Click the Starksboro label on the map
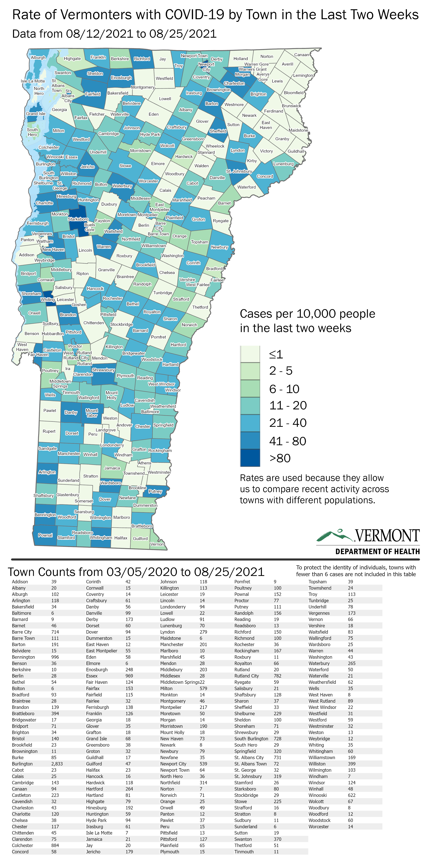point(78,219)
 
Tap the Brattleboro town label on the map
point(142,526)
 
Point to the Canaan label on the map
point(302,55)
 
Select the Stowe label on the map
point(125,166)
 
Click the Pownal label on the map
point(45,535)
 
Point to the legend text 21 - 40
point(288,423)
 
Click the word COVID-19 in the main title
point(195,15)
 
